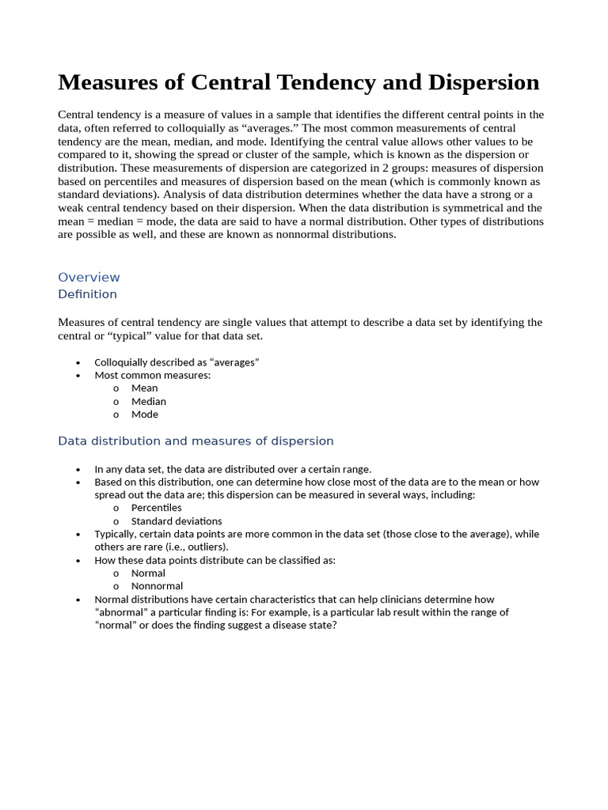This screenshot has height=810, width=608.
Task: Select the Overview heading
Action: pos(89,277)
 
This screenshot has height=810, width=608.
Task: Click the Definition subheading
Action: pos(87,294)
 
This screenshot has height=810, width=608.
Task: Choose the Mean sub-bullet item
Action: pos(144,388)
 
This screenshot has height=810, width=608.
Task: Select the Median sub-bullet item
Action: pos(149,401)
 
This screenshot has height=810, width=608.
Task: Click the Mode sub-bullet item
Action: pos(145,414)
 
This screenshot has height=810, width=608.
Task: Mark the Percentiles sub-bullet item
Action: pos(157,508)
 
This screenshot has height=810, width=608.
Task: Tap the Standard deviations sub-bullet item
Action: pos(177,521)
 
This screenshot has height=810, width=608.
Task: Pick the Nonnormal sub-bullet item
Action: pos(157,586)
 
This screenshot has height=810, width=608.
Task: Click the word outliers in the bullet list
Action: pos(204,547)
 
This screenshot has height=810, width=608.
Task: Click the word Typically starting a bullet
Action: pos(116,534)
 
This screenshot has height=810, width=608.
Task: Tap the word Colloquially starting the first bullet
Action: pos(122,362)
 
